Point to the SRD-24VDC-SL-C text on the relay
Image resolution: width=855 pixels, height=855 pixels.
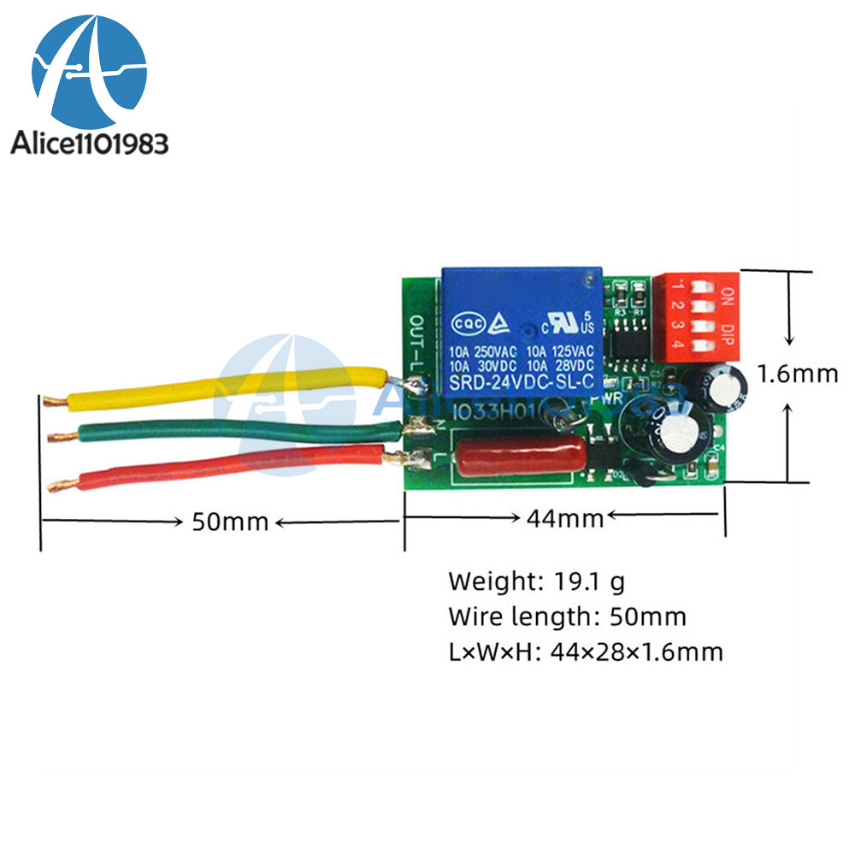coord(521,382)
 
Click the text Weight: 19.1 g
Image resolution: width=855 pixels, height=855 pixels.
coord(537,582)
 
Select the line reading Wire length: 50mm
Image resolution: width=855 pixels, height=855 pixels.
coord(567,616)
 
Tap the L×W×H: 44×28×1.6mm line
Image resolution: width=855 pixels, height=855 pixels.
coord(586,652)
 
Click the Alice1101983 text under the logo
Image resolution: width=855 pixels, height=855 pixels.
coord(89,143)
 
